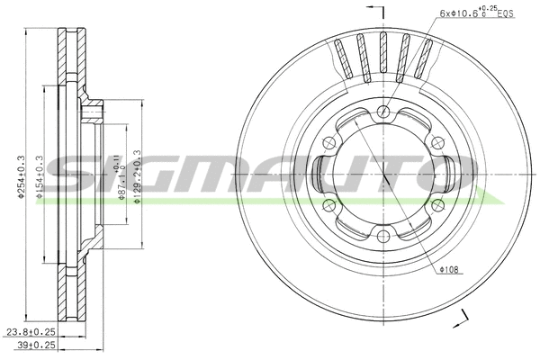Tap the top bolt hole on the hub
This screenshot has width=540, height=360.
pyautogui.click(x=383, y=112)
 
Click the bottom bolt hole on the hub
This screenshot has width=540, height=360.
pyautogui.click(x=383, y=236)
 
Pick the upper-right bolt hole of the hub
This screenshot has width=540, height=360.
pyautogui.click(x=437, y=142)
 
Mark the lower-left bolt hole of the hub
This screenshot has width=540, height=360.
pyautogui.click(x=329, y=205)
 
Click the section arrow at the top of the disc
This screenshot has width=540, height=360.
pyautogui.click(x=383, y=11)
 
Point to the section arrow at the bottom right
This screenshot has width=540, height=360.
pyautogui.click(x=463, y=317)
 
